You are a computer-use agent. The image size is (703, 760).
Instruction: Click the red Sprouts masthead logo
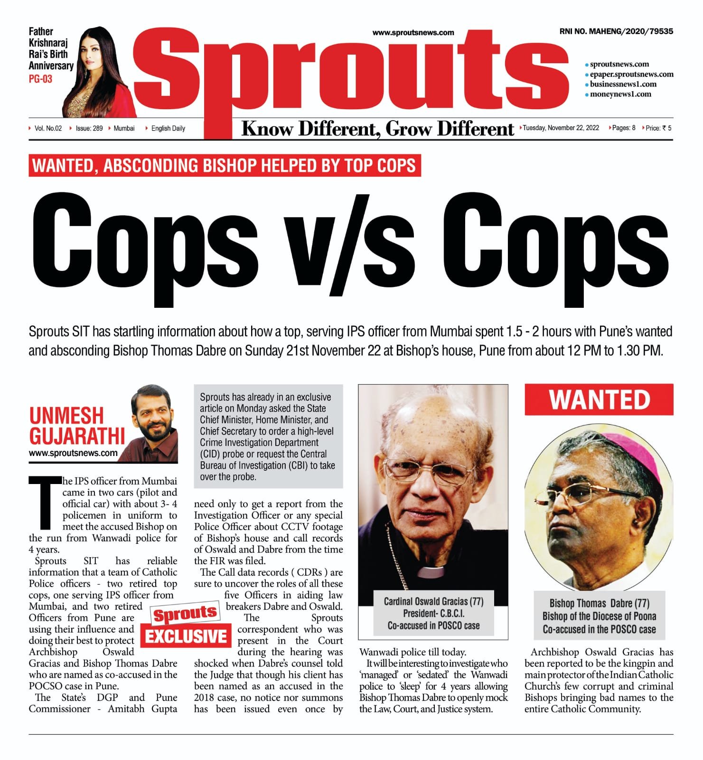pos(351,71)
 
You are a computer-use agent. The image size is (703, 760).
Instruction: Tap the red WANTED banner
pos(599,400)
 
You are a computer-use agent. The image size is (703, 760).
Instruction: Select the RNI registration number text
pos(616,31)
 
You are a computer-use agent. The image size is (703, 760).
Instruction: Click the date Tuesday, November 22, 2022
pos(561,128)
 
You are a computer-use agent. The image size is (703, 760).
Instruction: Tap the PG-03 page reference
pos(40,79)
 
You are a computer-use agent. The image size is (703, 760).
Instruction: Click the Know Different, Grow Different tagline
pos(377,129)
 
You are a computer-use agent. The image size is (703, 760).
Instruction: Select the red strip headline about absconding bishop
pos(225,166)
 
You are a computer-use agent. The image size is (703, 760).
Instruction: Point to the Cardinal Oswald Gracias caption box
pos(433,613)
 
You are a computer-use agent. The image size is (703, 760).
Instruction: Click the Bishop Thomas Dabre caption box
pos(599,616)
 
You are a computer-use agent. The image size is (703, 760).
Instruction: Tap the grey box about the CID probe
pos(268,436)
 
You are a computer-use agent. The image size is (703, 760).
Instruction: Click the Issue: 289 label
pos(89,128)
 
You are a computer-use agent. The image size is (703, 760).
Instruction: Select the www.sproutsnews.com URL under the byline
pos(73,453)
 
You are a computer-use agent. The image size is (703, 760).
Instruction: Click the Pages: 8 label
pos(623,128)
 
